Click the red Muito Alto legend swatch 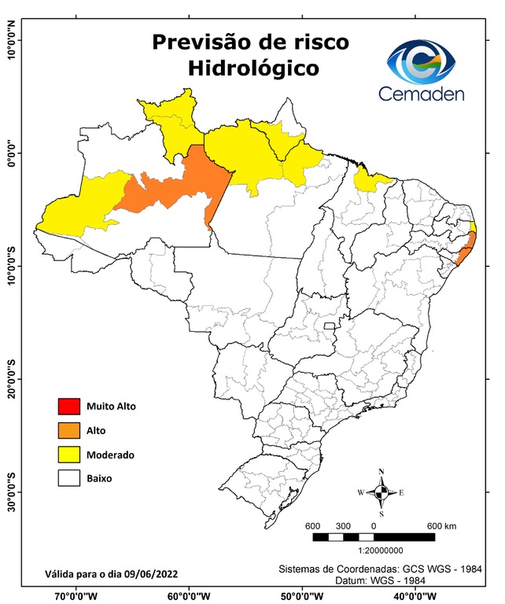coord(68,407)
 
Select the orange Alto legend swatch coord(68,430)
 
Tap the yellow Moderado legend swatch coord(68,455)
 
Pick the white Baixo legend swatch coord(68,477)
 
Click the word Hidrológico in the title coord(253,68)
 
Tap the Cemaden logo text coord(422,94)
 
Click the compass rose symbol coord(381,493)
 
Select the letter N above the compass coord(382,473)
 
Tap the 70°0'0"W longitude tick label coord(76,596)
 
